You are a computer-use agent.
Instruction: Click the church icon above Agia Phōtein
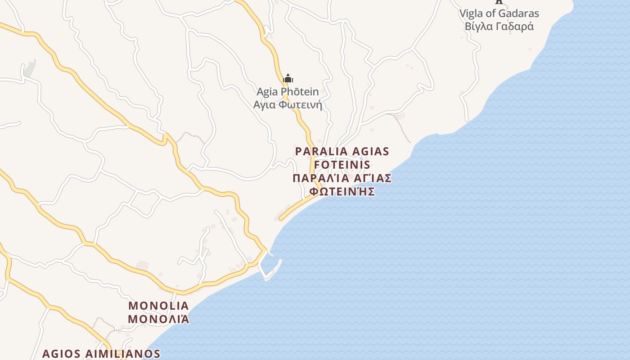pos(288,79)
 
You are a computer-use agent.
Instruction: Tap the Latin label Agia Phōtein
pos(288,92)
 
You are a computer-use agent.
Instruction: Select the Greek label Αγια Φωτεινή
pos(288,105)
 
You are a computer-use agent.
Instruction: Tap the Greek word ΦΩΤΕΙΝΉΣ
pos(342,192)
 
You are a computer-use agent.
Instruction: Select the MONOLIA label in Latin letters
pos(158,306)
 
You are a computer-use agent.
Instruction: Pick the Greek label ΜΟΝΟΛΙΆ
pos(158,319)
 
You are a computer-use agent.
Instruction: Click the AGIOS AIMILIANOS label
pos(101,354)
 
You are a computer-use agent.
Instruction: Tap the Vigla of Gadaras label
pos(499,13)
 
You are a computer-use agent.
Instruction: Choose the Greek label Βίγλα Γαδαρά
pos(499,27)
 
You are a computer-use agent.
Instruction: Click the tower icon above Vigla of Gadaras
pos(499,2)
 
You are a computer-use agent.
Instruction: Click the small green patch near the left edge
pos(29,69)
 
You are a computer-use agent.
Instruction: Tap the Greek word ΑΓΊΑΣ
pos(373,178)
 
